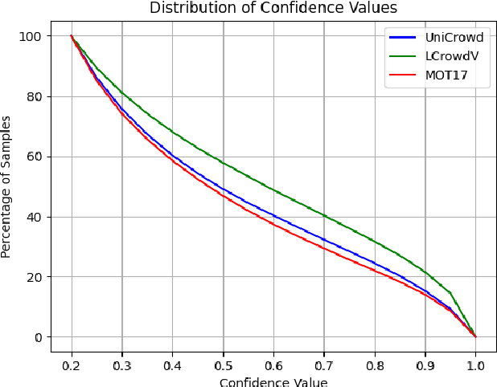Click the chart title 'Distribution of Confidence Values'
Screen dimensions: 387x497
pyautogui.click(x=273, y=8)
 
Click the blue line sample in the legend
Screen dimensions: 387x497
pyautogui.click(x=405, y=37)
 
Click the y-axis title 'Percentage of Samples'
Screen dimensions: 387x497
pyautogui.click(x=7, y=186)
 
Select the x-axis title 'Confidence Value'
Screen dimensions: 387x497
pyautogui.click(x=273, y=381)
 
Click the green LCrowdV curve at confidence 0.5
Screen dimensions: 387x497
pyautogui.click(x=223, y=164)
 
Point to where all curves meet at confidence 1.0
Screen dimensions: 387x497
pyautogui.click(x=475, y=336)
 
